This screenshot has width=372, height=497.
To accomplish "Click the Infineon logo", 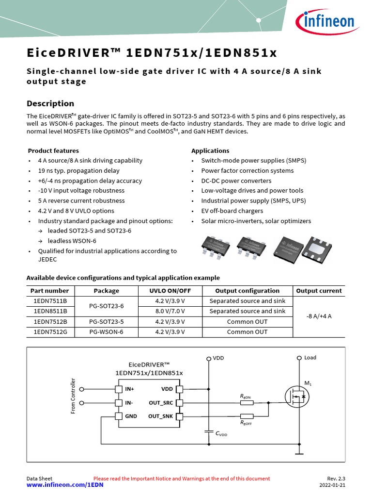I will point(325,21).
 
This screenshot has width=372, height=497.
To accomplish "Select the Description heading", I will point(50,103).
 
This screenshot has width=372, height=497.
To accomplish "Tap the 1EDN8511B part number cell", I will point(50,311).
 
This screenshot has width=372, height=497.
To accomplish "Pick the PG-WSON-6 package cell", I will point(106,332).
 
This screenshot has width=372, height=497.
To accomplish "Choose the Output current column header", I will point(319,291).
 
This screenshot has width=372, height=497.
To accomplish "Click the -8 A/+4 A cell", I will point(319,316).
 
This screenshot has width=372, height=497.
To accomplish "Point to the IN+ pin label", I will point(130,389).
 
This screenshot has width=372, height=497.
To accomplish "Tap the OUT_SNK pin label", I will point(160,416).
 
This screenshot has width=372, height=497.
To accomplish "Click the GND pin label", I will point(131,416).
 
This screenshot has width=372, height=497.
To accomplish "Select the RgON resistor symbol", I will point(247,403).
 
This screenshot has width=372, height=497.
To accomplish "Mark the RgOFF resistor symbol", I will point(247,416).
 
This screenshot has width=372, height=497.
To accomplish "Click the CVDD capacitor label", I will point(221,434).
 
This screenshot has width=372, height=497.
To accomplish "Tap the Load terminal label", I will point(310,358).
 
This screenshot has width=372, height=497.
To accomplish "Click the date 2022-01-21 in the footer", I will point(332,485).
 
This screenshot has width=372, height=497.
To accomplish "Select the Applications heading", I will point(210,151).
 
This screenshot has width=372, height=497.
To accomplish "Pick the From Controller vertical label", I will point(74,396).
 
